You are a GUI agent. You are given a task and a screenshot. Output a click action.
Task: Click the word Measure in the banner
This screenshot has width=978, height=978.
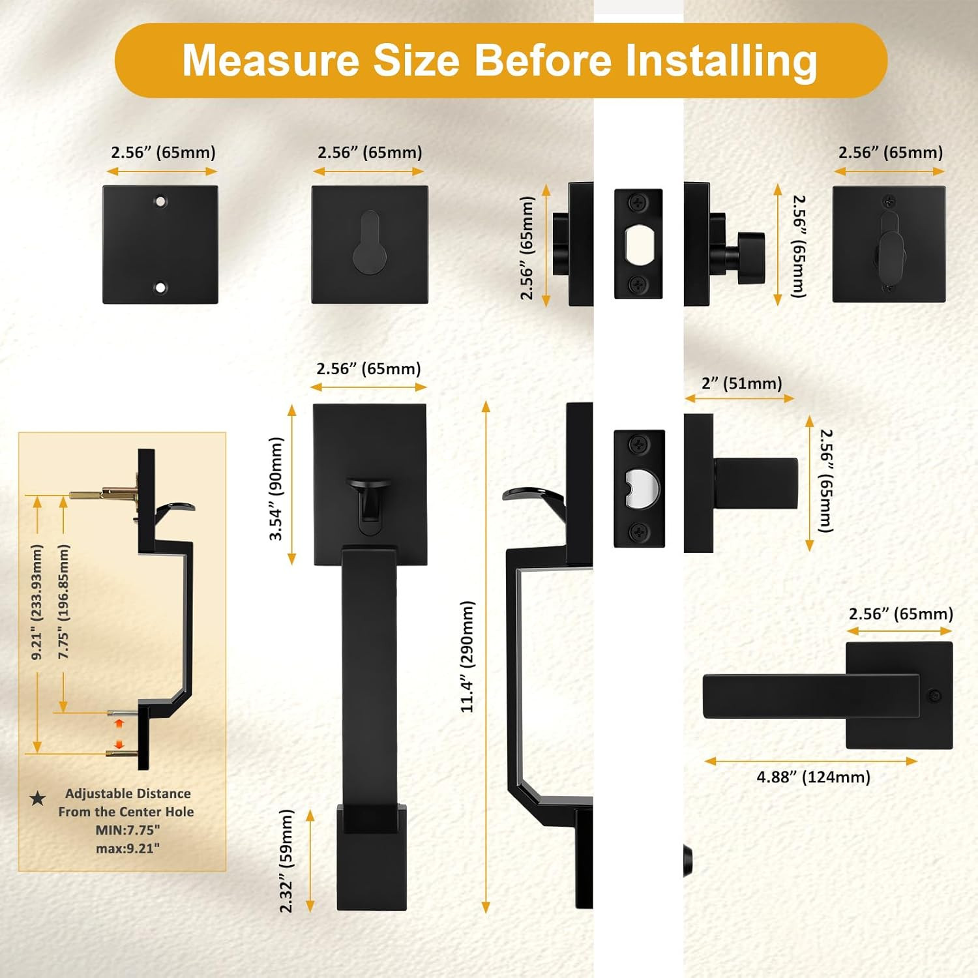click(x=271, y=60)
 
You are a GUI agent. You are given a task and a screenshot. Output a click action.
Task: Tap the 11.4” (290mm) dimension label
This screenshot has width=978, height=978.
click(x=467, y=657)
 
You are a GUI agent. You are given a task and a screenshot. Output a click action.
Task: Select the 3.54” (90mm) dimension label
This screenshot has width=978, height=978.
click(x=276, y=488)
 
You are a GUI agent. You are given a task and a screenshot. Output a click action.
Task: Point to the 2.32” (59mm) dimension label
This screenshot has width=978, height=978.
click(x=286, y=861)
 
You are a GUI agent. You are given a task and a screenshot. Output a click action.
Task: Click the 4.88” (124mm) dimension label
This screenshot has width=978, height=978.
click(x=813, y=777)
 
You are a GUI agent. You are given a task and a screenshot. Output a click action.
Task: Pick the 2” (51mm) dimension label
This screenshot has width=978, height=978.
click(x=741, y=383)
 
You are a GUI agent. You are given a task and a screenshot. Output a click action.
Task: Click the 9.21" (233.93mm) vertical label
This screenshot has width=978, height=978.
click(x=37, y=602)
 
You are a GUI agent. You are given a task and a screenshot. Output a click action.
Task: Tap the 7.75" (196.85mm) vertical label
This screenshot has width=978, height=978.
click(x=63, y=602)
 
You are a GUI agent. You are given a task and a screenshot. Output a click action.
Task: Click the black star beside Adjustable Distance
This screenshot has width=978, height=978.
click(x=38, y=797)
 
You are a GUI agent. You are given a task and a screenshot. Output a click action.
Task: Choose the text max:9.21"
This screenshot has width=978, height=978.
click(x=128, y=848)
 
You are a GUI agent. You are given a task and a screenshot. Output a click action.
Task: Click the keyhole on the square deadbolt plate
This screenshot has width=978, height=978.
click(x=370, y=241)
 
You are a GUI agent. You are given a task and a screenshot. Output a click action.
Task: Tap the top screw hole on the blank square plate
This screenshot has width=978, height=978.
click(x=160, y=201)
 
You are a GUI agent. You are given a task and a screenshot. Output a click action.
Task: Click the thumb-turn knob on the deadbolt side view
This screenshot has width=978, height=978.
click(x=751, y=258)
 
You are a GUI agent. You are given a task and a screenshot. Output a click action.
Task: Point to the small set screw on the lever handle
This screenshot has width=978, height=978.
click(x=934, y=696)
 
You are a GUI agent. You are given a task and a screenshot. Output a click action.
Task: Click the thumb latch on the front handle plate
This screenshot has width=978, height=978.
click(x=370, y=498)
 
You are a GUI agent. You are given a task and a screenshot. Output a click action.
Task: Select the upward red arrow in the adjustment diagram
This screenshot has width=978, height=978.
click(x=119, y=723)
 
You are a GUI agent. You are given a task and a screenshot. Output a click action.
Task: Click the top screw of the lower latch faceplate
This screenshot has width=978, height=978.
click(x=638, y=446)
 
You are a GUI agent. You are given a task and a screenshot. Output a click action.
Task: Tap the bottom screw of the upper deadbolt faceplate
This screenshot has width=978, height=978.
click(x=638, y=284)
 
